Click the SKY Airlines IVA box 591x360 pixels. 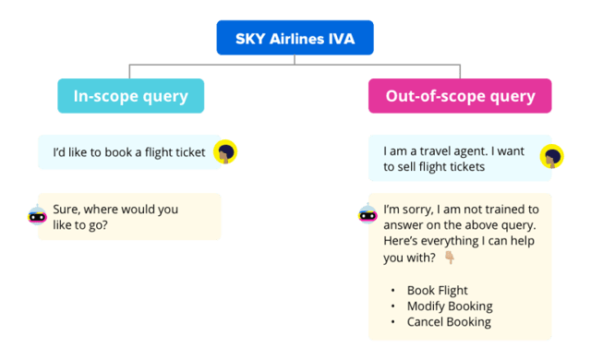point(295,38)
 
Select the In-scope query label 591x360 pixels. point(130,96)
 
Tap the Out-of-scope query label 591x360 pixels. point(459,96)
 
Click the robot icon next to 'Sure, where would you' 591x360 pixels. point(38,217)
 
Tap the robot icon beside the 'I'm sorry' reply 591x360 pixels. point(367,216)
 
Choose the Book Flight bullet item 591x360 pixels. point(437,290)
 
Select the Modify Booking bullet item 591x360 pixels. point(449,306)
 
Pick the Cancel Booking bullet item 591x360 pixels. point(448,321)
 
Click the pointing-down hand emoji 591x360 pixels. point(450,257)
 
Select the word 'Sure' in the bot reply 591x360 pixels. point(66,209)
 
